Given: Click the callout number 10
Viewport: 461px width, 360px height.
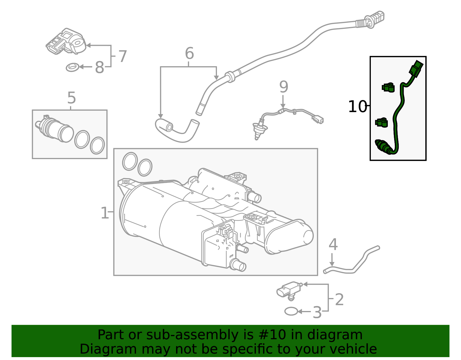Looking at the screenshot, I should pos(357,107).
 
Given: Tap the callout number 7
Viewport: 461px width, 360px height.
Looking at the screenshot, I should pos(123,56).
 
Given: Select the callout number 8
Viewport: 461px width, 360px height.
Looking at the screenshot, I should pos(99,68).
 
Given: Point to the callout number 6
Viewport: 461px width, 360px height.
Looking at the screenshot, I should pos(189,54).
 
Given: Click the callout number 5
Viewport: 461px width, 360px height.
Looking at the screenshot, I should pos(71,98).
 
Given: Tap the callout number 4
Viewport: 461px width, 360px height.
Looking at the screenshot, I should pos(333,245).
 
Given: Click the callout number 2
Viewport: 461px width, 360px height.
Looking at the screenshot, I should pos(339,300).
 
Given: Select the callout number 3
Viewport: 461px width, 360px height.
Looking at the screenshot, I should pos(317,312).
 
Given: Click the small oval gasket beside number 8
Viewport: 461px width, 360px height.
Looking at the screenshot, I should pos(72,67).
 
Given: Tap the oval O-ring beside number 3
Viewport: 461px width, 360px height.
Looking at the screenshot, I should pos(291,311).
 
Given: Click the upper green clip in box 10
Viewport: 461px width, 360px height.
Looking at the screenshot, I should pos(388,87).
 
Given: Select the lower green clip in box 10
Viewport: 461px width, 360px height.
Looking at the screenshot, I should pos(381,122).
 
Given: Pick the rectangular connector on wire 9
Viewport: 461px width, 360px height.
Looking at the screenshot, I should pos(318,119).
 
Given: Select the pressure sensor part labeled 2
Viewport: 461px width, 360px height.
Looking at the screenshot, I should pos(288,289).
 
